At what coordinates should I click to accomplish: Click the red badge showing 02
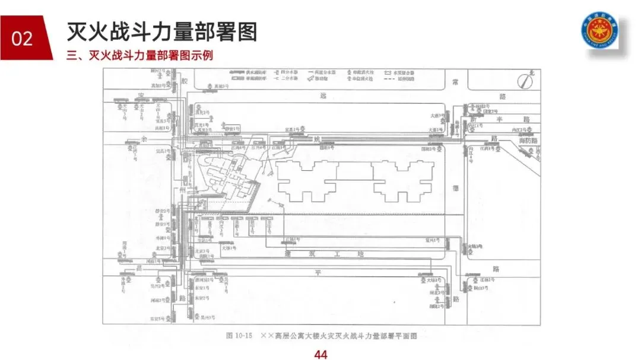point(22,39)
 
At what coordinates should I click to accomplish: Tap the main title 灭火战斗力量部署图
point(162,31)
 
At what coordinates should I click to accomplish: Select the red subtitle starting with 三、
point(140,56)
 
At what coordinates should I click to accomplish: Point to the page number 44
point(320,355)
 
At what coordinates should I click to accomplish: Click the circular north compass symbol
point(523,80)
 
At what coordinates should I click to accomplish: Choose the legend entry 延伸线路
point(403,78)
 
